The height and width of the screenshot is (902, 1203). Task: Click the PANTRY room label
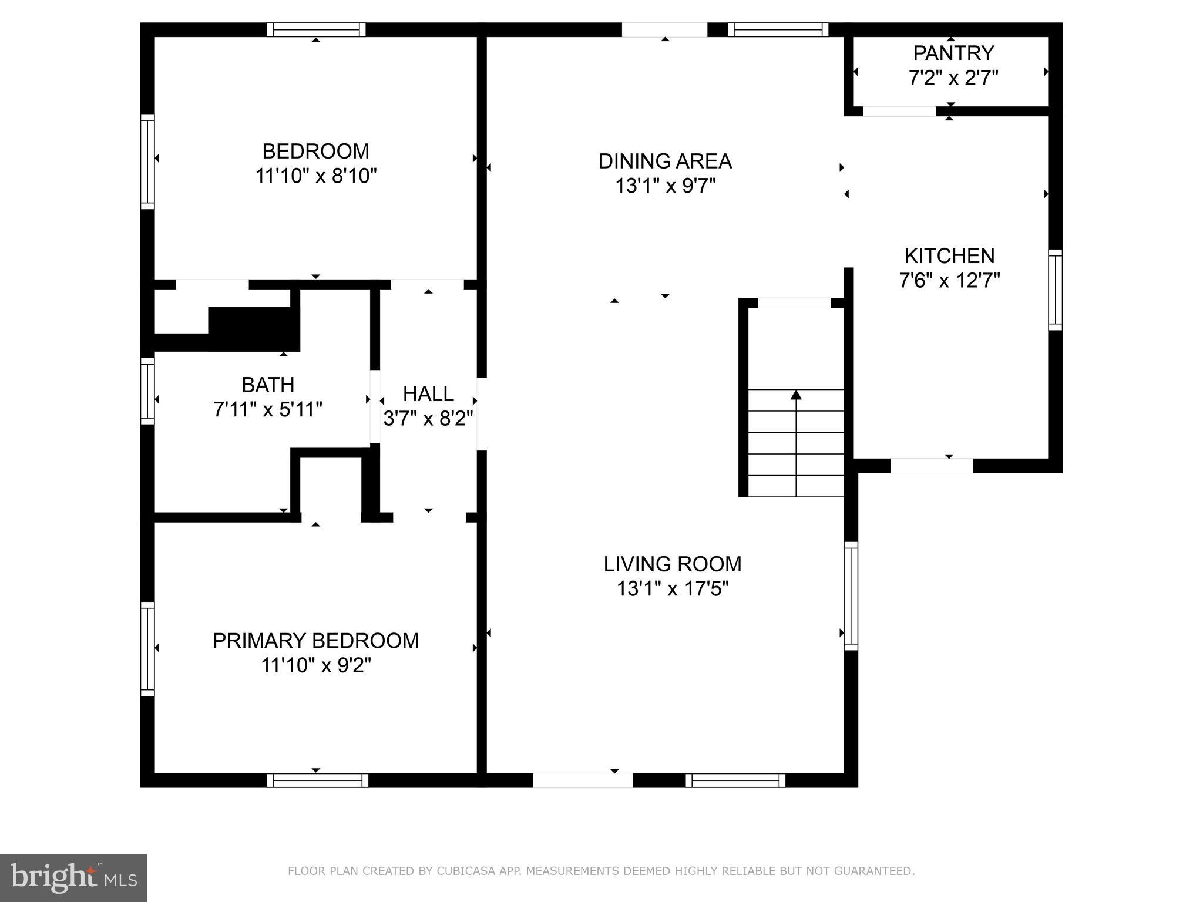(x=953, y=53)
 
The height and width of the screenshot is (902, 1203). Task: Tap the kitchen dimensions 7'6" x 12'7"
(x=949, y=281)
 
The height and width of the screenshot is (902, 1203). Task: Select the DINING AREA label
(x=665, y=161)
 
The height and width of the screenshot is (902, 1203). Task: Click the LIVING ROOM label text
(x=672, y=564)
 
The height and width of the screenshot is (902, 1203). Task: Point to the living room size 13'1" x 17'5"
(x=672, y=588)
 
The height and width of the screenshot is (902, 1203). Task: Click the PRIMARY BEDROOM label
(x=315, y=641)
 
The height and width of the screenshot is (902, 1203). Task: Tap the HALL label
(x=428, y=393)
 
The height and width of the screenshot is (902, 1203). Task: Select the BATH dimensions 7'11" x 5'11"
(x=268, y=409)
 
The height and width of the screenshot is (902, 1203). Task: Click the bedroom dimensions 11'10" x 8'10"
(x=315, y=176)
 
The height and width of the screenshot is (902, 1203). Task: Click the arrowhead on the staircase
(x=796, y=395)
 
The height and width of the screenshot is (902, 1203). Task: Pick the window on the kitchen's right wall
(x=1056, y=289)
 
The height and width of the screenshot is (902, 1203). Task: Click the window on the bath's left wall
(x=147, y=391)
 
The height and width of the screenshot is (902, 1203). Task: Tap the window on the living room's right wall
(x=851, y=595)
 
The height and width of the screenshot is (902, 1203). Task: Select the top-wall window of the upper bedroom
(x=316, y=30)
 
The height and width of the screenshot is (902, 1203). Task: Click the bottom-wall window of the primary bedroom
(x=317, y=780)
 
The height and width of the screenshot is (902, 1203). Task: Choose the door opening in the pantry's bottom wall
(x=899, y=112)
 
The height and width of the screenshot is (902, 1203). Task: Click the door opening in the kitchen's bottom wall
(x=932, y=466)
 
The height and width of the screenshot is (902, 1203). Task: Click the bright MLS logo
(x=73, y=877)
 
